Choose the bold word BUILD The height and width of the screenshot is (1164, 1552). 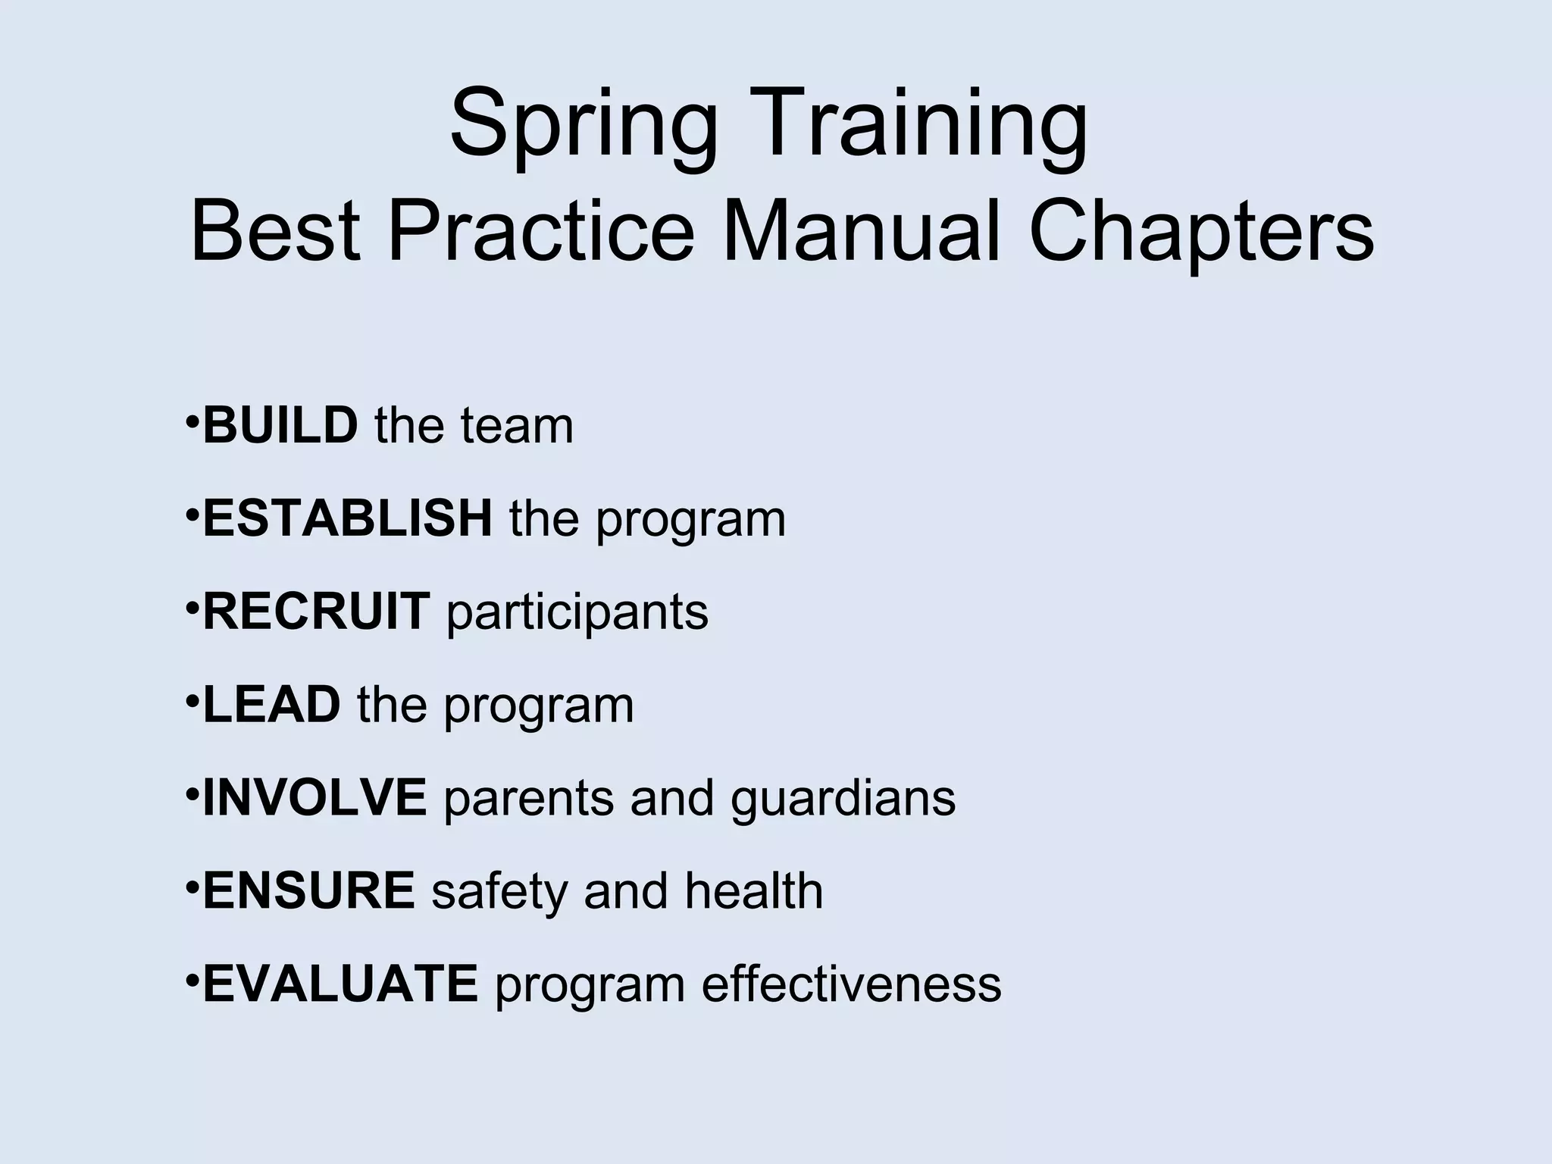coord(280,425)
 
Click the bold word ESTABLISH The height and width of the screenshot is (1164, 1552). coord(347,518)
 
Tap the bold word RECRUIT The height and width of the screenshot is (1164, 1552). coord(317,612)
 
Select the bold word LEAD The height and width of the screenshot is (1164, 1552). coord(271,705)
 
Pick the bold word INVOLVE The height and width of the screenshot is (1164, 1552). coord(314,798)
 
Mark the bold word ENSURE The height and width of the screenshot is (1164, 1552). coord(308,890)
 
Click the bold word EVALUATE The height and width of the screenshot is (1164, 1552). coord(340,984)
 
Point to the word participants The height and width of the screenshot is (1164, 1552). coord(577,613)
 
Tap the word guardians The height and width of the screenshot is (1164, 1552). coord(843,799)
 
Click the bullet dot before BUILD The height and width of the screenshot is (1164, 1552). coord(192,419)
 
